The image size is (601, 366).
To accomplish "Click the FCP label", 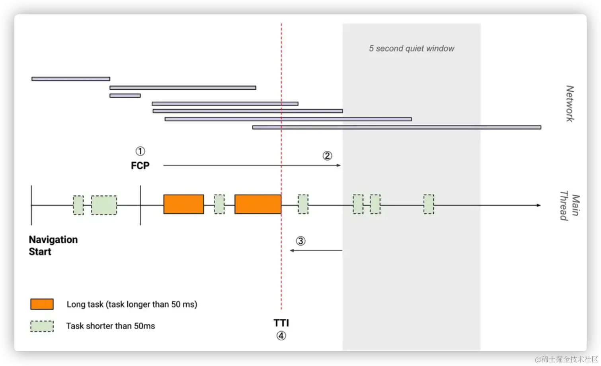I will [140, 165].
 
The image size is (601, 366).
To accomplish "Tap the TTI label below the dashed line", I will [281, 323].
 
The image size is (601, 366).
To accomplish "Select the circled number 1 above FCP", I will [140, 152].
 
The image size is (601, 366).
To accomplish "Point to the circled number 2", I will [327, 156].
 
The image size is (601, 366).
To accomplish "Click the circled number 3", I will [300, 241].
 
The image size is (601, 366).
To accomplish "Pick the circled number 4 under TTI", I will [281, 336].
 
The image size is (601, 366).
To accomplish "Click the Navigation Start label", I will [53, 246].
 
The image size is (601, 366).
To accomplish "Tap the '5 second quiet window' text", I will [411, 49].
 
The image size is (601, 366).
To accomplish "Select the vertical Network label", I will [570, 104].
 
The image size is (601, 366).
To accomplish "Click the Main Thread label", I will [570, 207].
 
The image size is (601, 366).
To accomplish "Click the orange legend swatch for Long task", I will [42, 304].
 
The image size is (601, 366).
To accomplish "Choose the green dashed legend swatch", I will [42, 326].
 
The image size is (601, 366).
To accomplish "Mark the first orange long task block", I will [183, 204].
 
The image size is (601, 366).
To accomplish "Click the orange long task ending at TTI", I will [258, 204].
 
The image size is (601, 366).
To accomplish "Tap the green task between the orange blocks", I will [219, 204].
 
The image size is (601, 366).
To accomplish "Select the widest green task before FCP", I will [104, 205].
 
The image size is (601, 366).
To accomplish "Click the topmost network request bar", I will [70, 79].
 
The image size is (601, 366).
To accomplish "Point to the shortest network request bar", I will [125, 96].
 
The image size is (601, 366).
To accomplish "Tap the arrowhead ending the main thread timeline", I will [539, 205].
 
